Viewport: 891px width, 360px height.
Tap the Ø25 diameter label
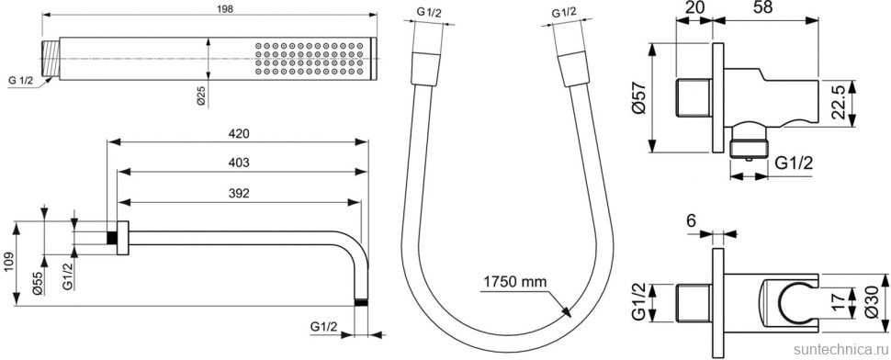tap(200, 93)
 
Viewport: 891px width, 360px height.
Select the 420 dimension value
tap(239, 133)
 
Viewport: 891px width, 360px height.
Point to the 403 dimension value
tap(239, 163)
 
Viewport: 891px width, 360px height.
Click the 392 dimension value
tap(239, 194)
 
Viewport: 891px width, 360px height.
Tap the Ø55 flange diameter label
tap(38, 282)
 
